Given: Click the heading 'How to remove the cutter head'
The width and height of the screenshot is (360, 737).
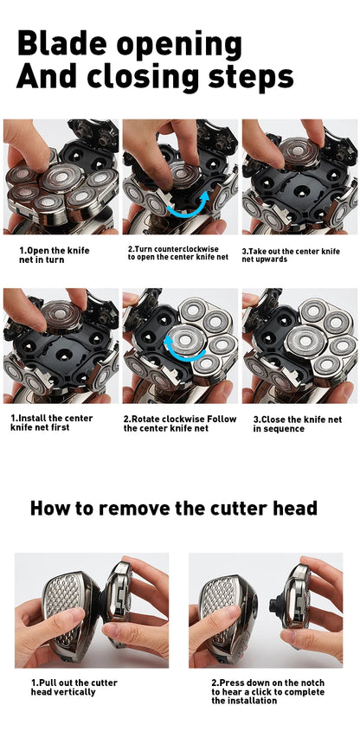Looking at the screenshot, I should pos(174,508).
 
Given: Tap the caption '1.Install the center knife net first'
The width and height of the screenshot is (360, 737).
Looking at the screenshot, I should pos(52,422).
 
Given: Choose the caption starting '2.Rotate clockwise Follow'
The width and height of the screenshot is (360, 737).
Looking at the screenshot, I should pos(179,423).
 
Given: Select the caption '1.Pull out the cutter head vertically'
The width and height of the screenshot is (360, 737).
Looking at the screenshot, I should pos(74,687).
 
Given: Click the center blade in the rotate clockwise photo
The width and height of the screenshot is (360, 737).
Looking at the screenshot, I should pos(183,341).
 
